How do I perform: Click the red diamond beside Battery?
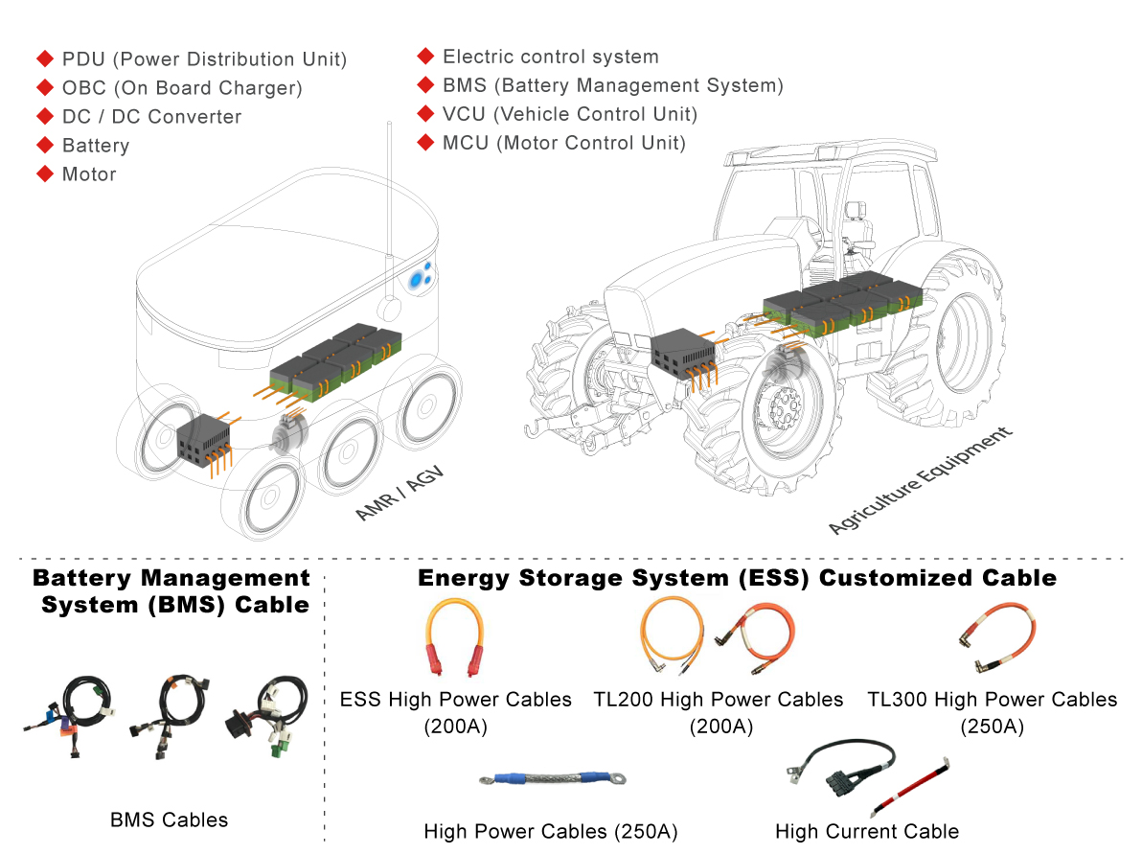pos(44,145)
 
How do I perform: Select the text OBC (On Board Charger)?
pos(182,88)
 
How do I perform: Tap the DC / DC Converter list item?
pos(151,117)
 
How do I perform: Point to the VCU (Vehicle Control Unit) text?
pos(570,114)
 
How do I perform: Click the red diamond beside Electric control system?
pos(425,56)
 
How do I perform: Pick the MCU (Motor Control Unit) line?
pos(564,143)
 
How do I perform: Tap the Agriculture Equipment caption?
pos(920,483)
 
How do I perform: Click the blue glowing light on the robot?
pos(419,279)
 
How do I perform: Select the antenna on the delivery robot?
pos(389,211)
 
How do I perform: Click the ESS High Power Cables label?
pos(455,700)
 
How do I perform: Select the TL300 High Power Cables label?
pos(992,700)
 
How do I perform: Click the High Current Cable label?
pos(866,832)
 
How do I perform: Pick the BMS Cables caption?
pos(170,819)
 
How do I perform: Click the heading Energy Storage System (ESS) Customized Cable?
pos(737,578)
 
